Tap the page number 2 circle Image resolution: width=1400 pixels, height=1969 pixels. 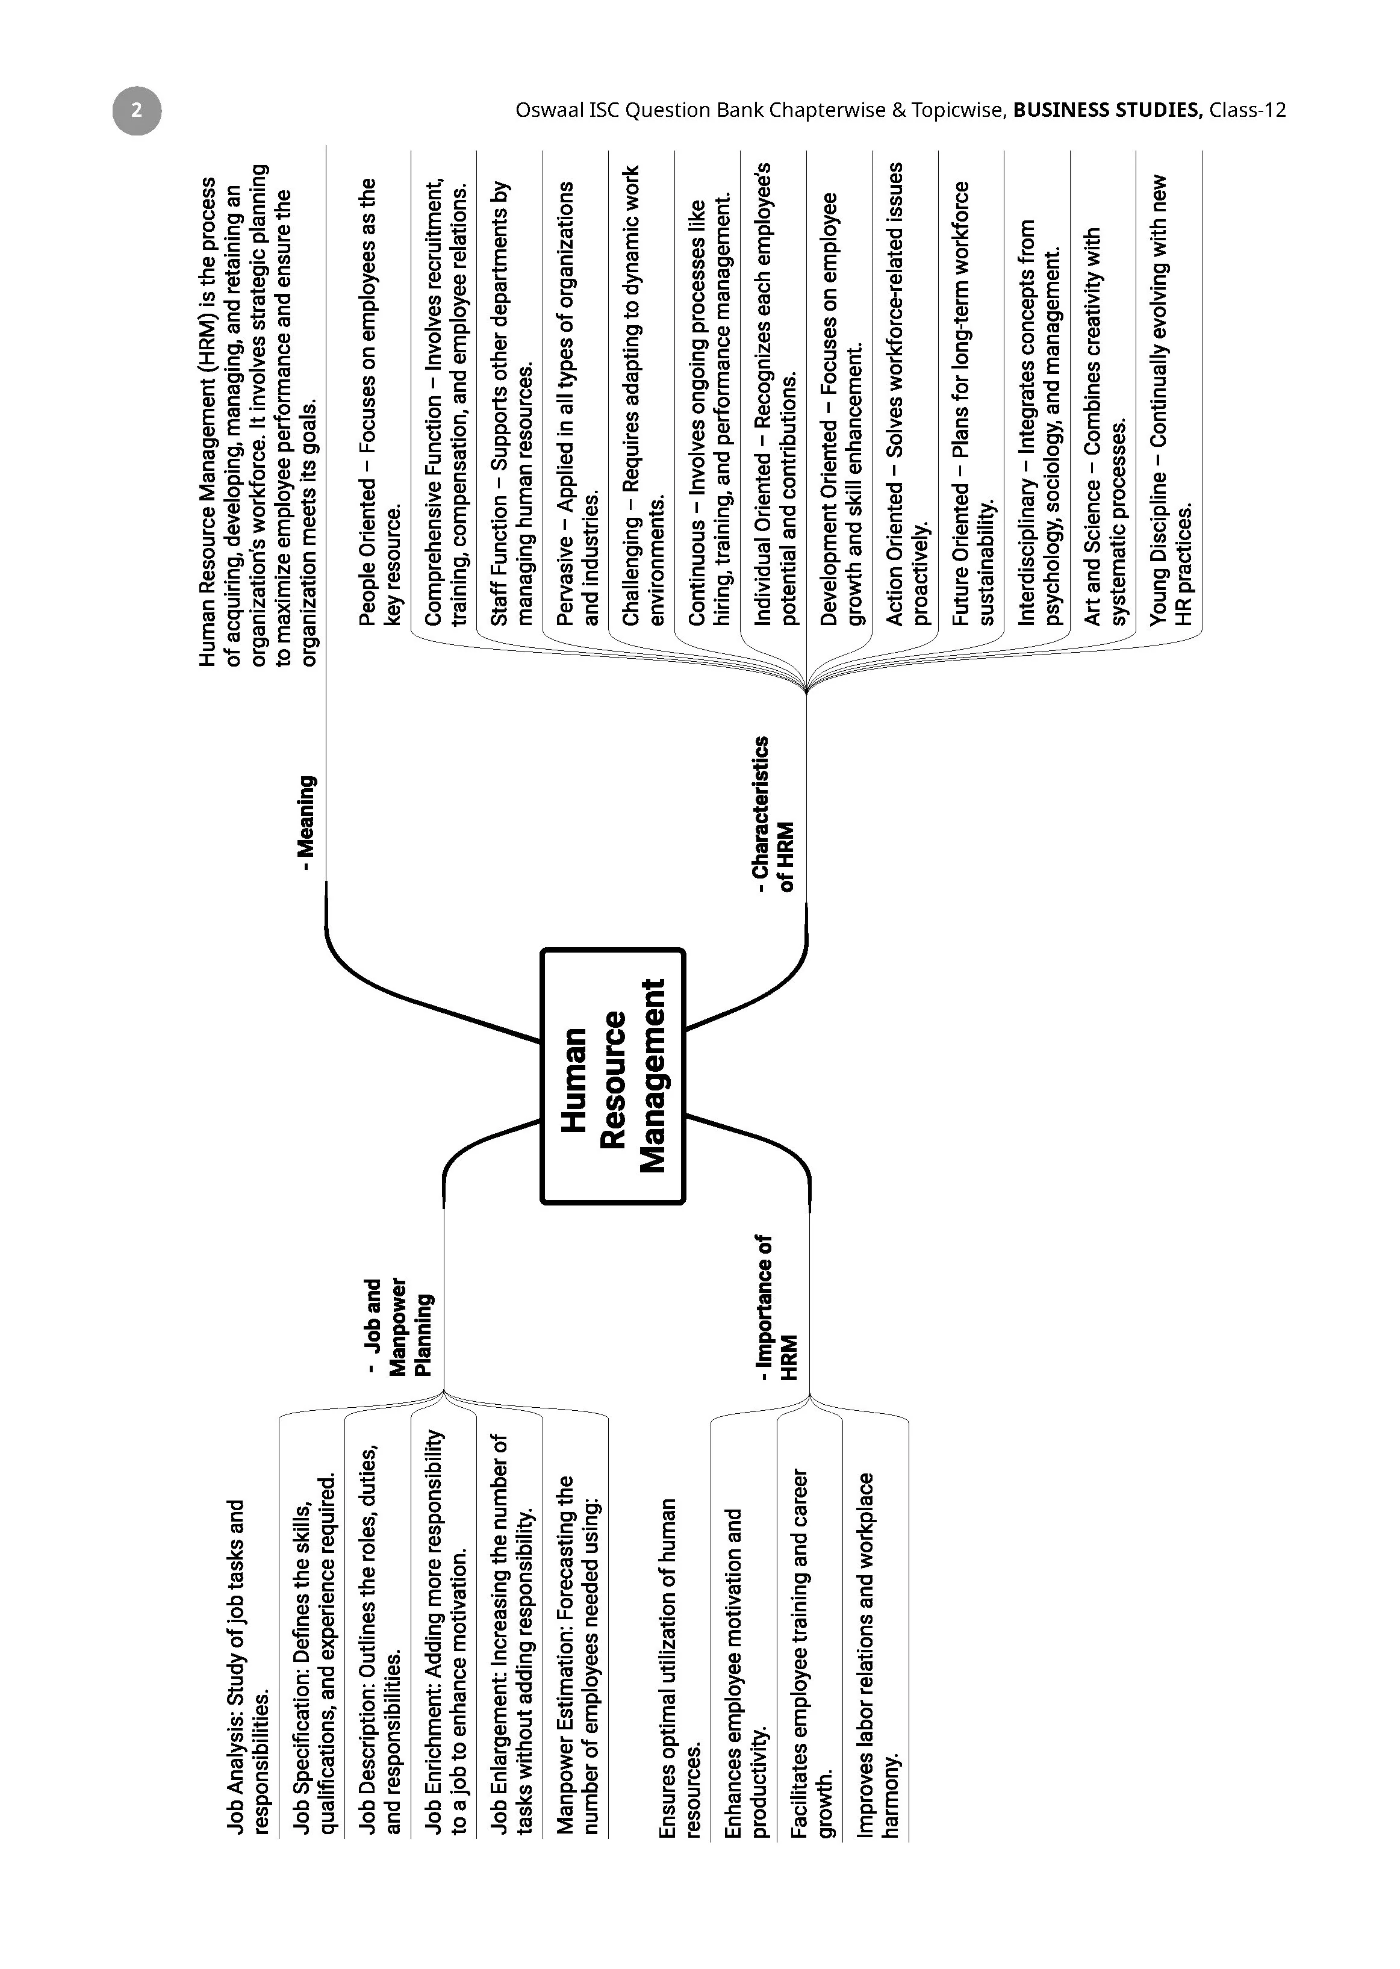click(x=136, y=110)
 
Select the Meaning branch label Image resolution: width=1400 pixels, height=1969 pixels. click(x=308, y=823)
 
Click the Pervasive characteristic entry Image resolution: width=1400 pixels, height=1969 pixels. click(x=577, y=403)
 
